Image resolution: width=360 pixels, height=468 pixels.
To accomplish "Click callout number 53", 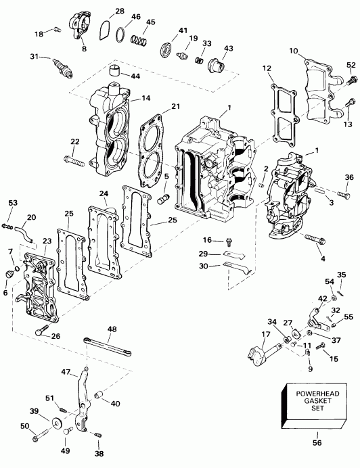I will coord(13,202).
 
